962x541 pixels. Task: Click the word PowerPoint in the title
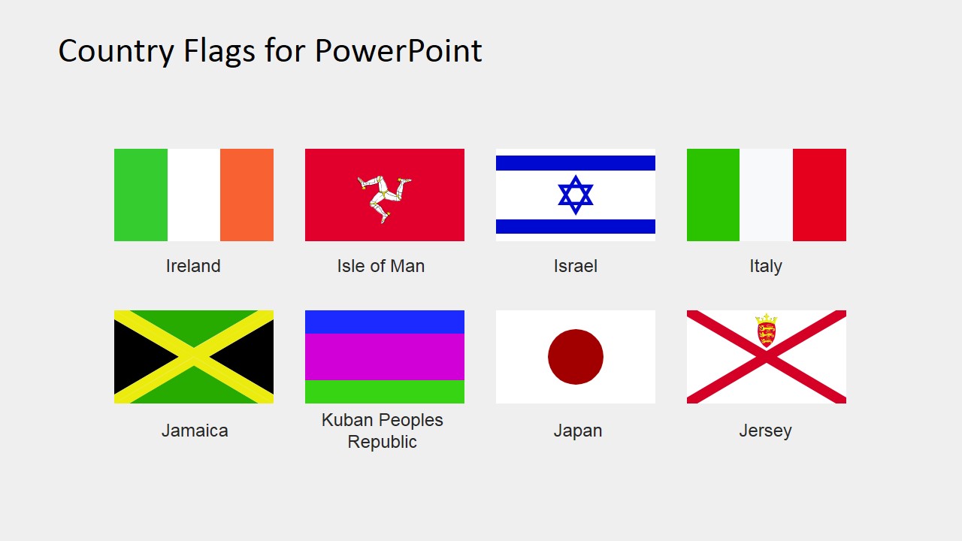[398, 51]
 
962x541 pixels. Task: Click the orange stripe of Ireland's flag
[247, 195]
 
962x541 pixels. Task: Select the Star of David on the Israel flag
[576, 195]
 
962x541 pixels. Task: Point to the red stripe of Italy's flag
[819, 195]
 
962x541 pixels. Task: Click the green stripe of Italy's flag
[713, 195]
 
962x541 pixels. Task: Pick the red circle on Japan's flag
[576, 357]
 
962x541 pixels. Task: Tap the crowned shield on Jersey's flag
[766, 331]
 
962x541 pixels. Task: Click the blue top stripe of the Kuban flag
[385, 322]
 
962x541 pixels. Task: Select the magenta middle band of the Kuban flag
[385, 357]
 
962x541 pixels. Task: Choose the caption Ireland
[193, 266]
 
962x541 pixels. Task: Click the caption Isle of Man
[381, 266]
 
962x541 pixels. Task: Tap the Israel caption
[576, 266]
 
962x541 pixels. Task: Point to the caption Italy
[766, 266]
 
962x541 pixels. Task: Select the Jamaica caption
[195, 431]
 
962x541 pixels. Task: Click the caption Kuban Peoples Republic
[383, 431]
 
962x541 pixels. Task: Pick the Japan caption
[578, 431]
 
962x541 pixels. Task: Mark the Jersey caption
[765, 431]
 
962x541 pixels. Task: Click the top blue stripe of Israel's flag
[576, 163]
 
